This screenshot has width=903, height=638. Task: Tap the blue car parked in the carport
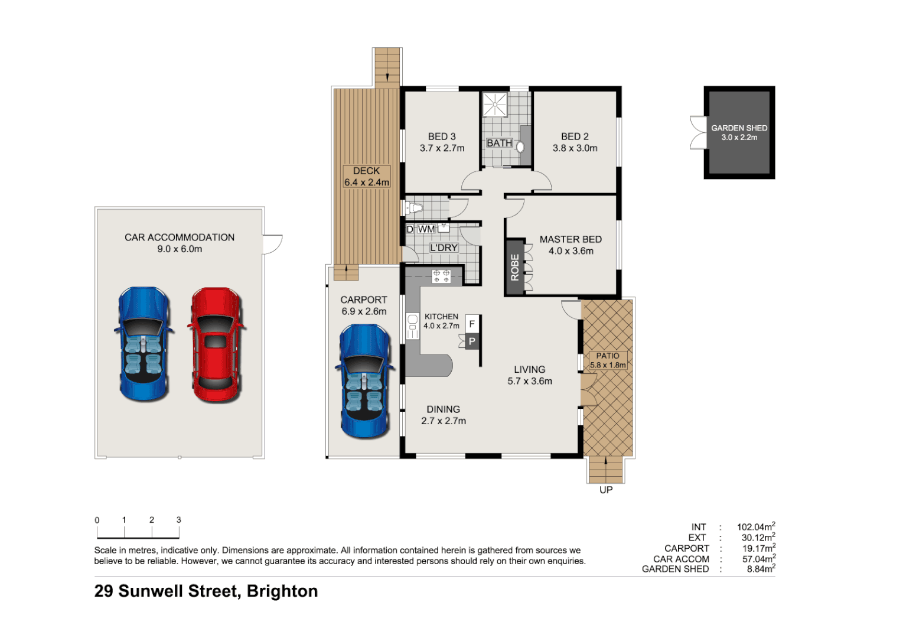click(365, 381)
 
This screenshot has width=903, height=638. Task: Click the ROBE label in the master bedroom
click(515, 267)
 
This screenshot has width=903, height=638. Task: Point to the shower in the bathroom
click(495, 105)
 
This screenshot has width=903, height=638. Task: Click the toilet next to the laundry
click(414, 208)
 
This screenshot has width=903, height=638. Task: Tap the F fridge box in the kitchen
click(472, 324)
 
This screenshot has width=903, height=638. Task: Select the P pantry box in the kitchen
click(472, 341)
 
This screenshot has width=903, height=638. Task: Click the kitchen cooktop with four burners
click(441, 276)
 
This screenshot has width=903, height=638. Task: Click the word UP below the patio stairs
click(606, 490)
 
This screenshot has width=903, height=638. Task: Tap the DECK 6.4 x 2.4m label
click(367, 177)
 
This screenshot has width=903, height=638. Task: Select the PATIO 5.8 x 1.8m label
click(608, 360)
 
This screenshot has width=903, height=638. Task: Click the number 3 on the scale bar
click(178, 520)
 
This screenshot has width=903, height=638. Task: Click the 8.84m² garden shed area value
click(760, 569)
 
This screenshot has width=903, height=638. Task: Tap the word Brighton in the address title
click(282, 591)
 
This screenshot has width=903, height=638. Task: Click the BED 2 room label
click(575, 142)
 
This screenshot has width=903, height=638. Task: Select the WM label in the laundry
click(426, 229)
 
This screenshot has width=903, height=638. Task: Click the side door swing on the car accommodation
click(272, 244)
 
